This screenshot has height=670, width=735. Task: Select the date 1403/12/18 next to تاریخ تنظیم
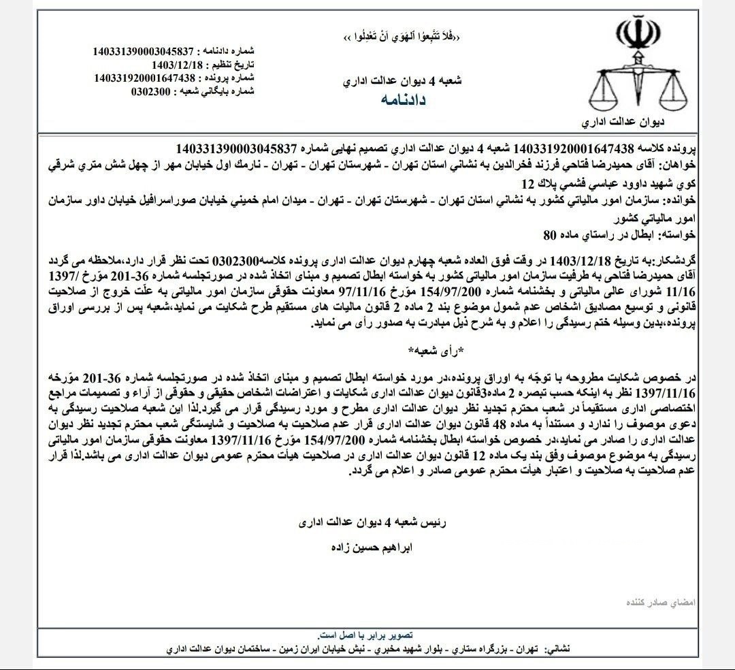point(167,65)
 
